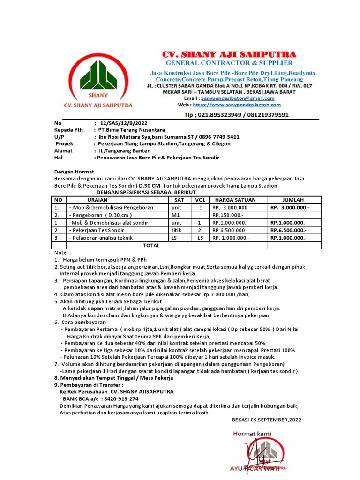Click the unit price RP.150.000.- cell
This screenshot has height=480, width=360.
[228, 215]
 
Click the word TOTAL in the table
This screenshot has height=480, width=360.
[151, 245]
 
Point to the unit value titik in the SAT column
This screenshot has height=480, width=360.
[177, 230]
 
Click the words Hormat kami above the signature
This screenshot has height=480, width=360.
[252, 434]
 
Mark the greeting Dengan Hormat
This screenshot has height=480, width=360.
[74, 172]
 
